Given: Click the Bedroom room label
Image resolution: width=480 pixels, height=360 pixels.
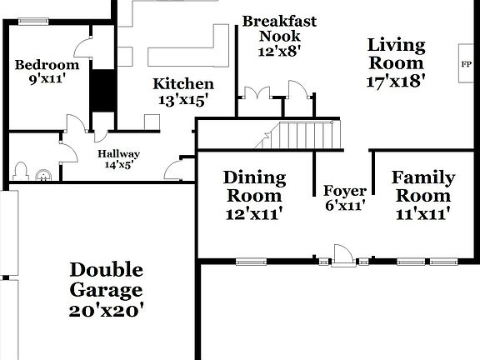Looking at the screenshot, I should [47, 65].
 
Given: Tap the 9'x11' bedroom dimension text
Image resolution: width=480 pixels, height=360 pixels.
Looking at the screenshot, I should [47, 79].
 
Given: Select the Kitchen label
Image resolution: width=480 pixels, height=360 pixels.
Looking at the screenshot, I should [183, 84].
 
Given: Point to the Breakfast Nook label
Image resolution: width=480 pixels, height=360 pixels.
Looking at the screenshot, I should [279, 28].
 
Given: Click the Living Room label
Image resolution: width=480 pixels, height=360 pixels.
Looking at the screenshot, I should [396, 54].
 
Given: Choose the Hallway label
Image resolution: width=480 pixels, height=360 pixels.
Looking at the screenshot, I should [118, 154].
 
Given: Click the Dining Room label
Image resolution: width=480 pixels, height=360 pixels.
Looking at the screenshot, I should [254, 187].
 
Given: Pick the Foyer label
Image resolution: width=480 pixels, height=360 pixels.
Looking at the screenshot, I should [344, 191].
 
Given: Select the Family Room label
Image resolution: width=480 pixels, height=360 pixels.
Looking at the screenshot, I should [423, 187].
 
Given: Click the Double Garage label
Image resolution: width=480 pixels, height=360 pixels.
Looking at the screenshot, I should [106, 281].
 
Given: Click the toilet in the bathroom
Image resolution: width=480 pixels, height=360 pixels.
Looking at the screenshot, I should [22, 172].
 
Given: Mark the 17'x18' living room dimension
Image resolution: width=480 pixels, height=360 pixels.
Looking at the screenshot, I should [396, 82].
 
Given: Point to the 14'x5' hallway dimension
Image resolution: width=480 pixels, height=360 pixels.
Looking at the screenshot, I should [118, 165].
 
